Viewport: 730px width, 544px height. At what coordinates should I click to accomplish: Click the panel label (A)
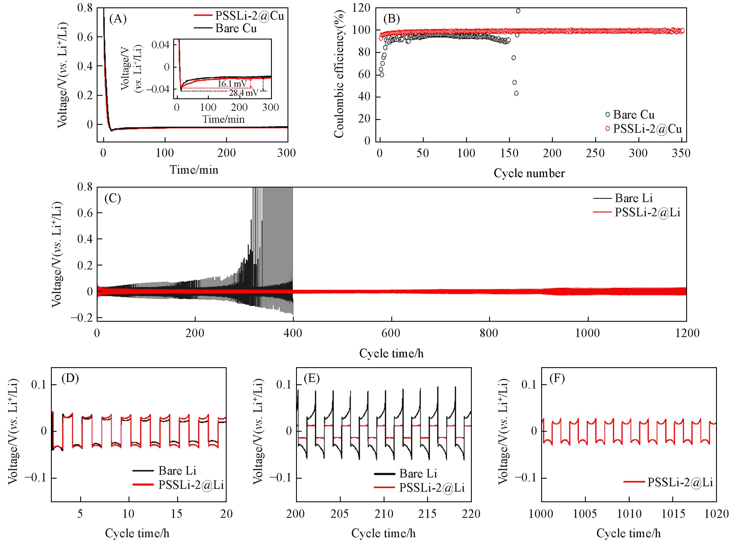coord(118,19)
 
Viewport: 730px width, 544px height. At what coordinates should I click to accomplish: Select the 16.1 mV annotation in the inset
coord(232,84)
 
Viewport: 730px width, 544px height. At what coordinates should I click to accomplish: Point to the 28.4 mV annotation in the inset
coord(244,93)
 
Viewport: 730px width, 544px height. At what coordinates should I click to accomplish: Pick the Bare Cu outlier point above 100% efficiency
coord(518,11)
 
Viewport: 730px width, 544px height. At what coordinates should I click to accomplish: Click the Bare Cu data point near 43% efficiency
coord(516,94)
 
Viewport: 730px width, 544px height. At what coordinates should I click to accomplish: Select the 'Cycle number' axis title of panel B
coord(529,173)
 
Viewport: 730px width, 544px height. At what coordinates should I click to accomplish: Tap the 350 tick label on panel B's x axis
coord(681,153)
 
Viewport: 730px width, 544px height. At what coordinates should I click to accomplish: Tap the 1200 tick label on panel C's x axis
coord(686,333)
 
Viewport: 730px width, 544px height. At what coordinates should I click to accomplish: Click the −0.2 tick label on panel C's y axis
coord(82,318)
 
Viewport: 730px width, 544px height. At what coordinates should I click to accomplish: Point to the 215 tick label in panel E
coord(427,514)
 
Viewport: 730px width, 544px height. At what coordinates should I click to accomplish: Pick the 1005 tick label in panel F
coord(585,514)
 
